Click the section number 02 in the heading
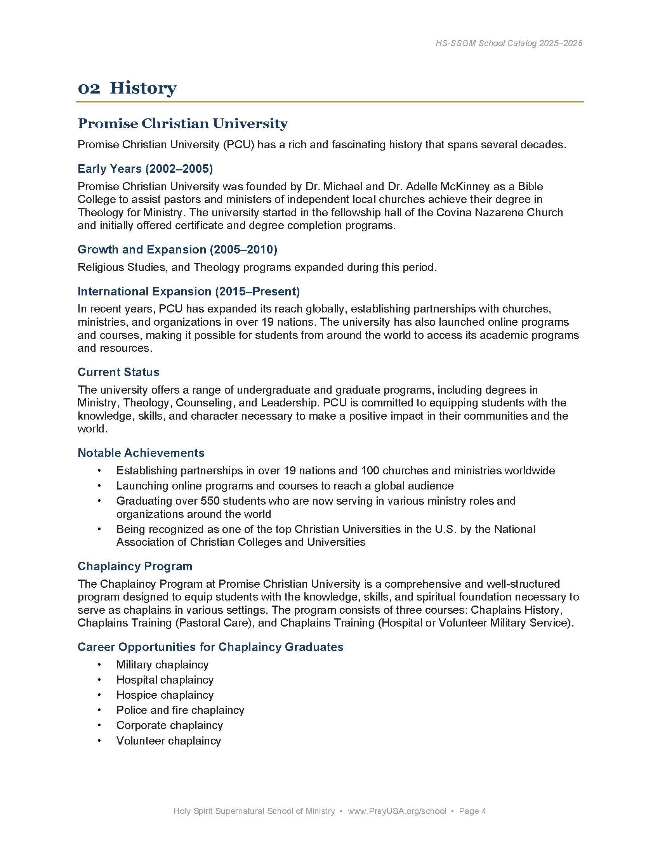click(x=89, y=89)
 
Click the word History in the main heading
click(x=143, y=89)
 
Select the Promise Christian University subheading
click(x=182, y=123)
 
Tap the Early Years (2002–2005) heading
click(x=145, y=168)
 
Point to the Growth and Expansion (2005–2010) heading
click(x=177, y=250)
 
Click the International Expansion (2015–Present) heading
click(x=188, y=291)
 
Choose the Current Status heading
click(x=118, y=372)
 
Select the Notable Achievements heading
click(x=141, y=453)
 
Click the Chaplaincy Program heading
click(x=135, y=566)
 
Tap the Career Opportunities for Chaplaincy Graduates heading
click(x=210, y=647)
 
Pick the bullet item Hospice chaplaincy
click(x=165, y=695)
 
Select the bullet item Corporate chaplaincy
click(x=169, y=726)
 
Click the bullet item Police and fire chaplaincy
click(x=180, y=710)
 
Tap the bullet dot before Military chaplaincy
click(x=99, y=665)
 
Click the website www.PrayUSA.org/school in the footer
click(x=396, y=811)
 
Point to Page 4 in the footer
click(x=472, y=811)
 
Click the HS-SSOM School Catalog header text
click(x=509, y=43)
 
